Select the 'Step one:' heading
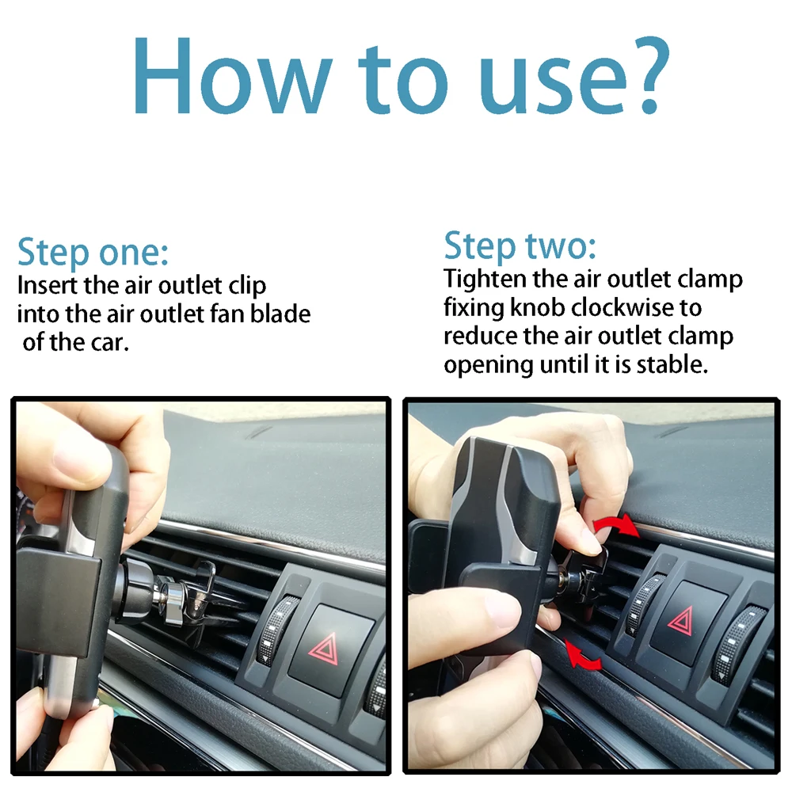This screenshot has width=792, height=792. (93, 252)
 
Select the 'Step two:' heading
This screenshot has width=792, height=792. (520, 246)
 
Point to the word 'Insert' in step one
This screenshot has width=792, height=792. (48, 285)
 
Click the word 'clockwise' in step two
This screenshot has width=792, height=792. (622, 307)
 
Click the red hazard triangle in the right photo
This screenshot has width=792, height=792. (681, 621)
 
